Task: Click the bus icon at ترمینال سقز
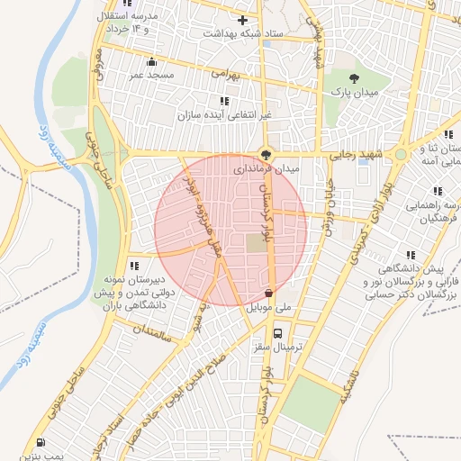click(277, 332)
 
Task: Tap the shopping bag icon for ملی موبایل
click(270, 293)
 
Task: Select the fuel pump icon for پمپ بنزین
click(41, 441)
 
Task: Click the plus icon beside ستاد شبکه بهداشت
click(242, 20)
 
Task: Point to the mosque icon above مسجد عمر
click(151, 62)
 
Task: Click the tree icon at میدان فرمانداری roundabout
click(265, 152)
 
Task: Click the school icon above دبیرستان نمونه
click(133, 266)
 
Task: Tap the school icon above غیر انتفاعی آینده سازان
click(224, 101)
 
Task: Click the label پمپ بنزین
click(41, 456)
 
